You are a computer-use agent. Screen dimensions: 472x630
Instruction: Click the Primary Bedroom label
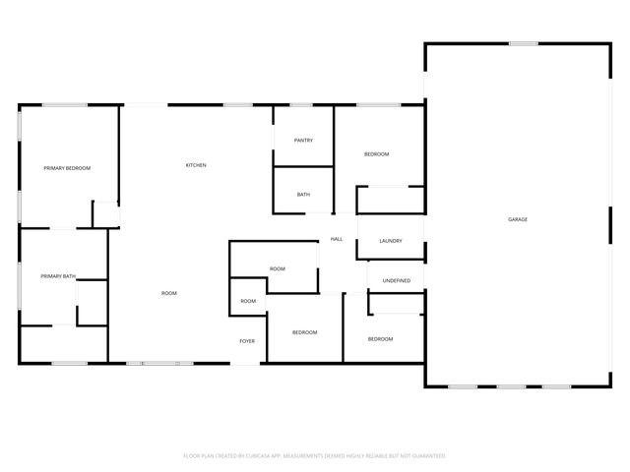coord(67,168)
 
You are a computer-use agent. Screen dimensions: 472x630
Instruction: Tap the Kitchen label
coord(196,165)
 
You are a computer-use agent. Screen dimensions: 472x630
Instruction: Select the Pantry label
coord(303,141)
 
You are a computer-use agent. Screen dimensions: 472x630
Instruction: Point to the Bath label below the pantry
coord(303,195)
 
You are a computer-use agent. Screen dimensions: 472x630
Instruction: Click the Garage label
coord(518,219)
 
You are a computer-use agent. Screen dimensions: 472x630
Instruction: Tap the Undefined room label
coord(397,281)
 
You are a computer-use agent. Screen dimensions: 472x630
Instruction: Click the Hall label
coord(336,239)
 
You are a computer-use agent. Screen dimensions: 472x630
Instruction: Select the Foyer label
coord(247,341)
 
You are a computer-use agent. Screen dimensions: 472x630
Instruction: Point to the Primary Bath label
coord(58,276)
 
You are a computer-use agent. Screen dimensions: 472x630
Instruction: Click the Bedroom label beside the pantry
coord(377,154)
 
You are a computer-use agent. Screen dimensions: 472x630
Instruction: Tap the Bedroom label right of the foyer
coord(305,332)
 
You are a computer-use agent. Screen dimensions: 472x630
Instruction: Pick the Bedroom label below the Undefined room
coord(381,339)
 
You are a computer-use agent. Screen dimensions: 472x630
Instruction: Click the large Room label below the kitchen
coord(169,294)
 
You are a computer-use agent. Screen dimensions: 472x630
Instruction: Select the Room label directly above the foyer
coord(248,301)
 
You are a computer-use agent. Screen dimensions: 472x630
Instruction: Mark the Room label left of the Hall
coord(278,268)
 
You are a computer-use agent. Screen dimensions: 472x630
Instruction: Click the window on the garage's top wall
coord(523,43)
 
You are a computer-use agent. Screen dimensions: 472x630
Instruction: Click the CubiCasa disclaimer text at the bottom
coord(315,456)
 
